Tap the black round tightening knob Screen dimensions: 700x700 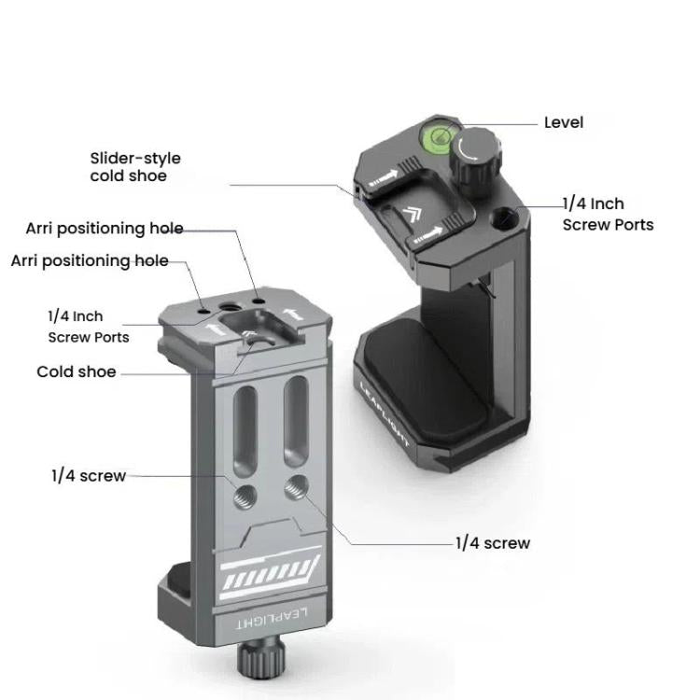(x=473, y=152)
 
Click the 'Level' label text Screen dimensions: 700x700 (x=564, y=122)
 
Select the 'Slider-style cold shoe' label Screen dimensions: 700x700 (x=135, y=167)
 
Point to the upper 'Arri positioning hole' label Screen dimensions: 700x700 (x=105, y=229)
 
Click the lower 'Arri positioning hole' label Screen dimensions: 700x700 (x=90, y=259)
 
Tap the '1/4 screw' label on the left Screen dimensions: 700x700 (x=88, y=476)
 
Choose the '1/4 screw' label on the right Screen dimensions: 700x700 (x=493, y=543)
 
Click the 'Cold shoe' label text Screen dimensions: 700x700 (x=77, y=371)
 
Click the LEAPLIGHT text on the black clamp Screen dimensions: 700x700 (x=385, y=414)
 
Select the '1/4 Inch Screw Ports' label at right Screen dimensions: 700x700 (x=607, y=214)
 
